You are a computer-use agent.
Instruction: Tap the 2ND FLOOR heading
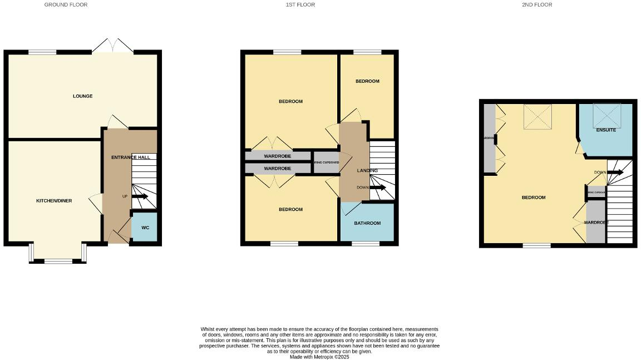536,4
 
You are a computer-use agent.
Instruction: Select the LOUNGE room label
82,96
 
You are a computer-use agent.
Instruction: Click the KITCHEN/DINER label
54,201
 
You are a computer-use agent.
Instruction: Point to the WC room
145,228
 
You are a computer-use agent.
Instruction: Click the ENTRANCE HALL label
130,157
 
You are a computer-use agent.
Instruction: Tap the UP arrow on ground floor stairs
139,196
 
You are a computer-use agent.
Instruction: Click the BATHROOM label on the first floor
367,223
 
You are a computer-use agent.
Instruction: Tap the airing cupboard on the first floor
326,162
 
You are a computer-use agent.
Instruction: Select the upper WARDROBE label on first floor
278,156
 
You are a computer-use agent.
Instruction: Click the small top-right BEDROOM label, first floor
367,81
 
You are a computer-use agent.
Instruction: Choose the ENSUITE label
606,130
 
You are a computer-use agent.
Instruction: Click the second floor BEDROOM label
533,198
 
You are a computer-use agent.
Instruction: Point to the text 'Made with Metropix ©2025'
319,357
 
